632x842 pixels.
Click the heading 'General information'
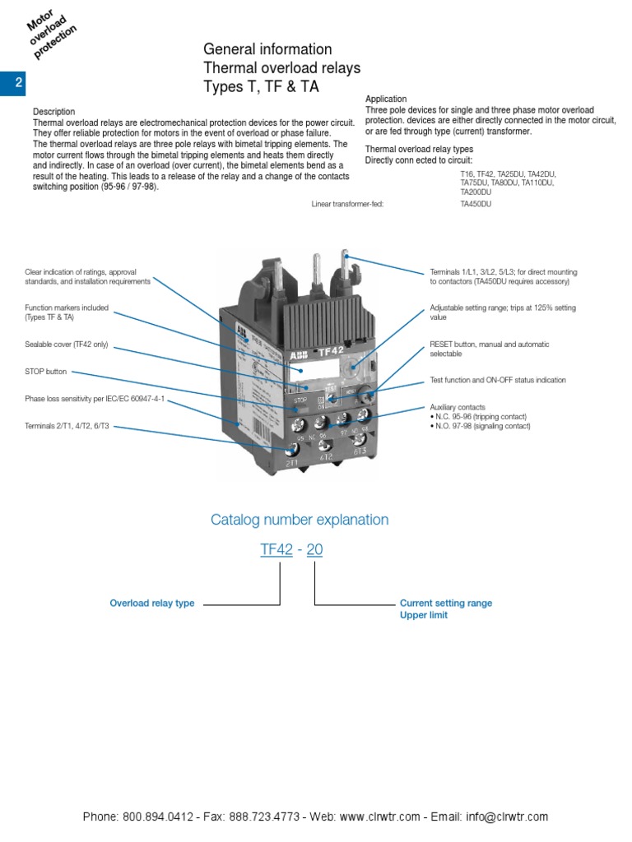(x=267, y=49)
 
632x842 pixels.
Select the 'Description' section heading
(x=53, y=112)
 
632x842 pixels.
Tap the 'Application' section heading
(x=386, y=99)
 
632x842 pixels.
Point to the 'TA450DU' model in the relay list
(x=476, y=203)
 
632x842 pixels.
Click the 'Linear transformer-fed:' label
(x=347, y=203)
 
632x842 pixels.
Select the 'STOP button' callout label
(x=46, y=372)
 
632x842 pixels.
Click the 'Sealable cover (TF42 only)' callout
(x=67, y=345)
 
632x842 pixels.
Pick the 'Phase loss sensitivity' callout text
(x=95, y=399)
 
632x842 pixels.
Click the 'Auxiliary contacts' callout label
(x=458, y=407)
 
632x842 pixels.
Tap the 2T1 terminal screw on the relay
(x=291, y=450)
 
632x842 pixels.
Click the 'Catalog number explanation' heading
(x=300, y=520)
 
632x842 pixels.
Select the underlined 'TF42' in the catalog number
(x=276, y=550)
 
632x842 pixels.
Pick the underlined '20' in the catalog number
(x=314, y=550)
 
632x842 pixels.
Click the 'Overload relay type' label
(x=152, y=604)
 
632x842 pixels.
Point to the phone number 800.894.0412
(x=158, y=817)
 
